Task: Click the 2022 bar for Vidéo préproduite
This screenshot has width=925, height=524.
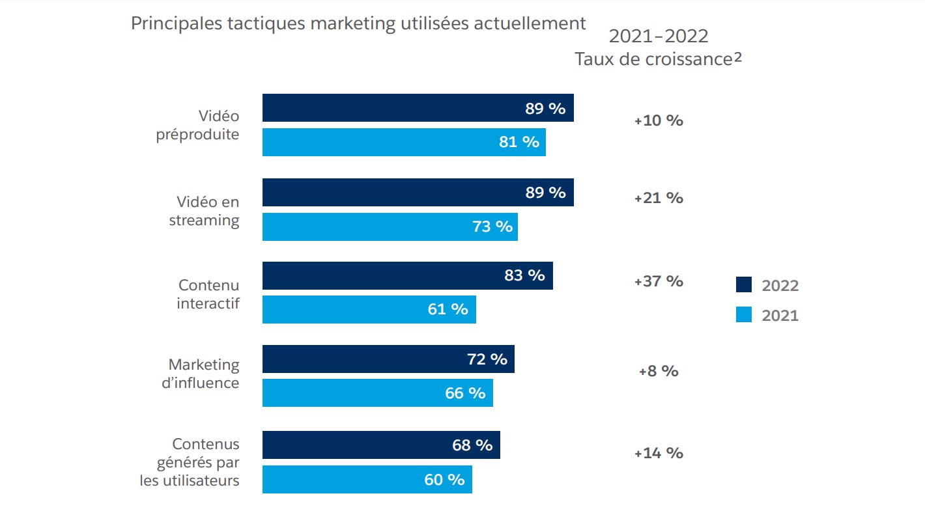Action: tap(418, 108)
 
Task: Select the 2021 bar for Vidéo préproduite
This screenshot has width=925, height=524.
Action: tap(404, 142)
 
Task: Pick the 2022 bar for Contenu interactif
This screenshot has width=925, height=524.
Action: tap(407, 275)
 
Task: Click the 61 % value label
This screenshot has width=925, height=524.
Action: tap(448, 309)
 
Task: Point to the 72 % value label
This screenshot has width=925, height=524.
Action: tap(487, 359)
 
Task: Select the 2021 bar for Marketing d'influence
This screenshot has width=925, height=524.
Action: tap(377, 393)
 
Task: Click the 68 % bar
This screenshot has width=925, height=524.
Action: tap(381, 445)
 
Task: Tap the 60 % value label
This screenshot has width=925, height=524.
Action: tap(444, 480)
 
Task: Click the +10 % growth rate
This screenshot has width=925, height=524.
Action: tap(659, 120)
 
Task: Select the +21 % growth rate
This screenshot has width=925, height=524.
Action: tap(659, 198)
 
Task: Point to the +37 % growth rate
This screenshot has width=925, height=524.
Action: tap(659, 281)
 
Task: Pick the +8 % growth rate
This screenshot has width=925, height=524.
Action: tap(659, 371)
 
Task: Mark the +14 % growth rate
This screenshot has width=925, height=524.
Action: tap(659, 453)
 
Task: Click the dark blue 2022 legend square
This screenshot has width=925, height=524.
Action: tap(743, 284)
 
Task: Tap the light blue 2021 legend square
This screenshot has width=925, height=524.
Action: tap(743, 315)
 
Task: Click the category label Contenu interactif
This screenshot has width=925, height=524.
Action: tap(208, 294)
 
